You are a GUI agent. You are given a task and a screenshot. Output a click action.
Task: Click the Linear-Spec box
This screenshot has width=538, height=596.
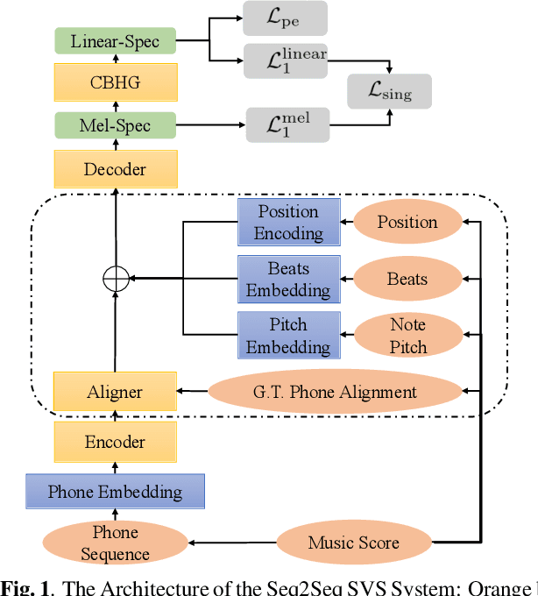tap(115, 40)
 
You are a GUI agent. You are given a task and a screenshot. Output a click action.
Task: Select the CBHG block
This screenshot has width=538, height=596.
tap(115, 82)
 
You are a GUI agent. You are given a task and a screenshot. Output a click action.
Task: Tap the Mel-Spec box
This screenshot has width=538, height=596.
tap(115, 124)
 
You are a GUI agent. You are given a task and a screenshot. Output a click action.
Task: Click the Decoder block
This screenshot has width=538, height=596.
tap(115, 168)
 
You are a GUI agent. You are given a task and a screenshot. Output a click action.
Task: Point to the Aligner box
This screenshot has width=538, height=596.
tap(115, 392)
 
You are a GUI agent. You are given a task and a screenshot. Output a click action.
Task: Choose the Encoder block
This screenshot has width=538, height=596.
tap(115, 442)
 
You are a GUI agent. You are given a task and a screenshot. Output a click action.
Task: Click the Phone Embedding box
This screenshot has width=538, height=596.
tap(115, 492)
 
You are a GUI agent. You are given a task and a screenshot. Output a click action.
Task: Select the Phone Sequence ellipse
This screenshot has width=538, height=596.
tap(115, 543)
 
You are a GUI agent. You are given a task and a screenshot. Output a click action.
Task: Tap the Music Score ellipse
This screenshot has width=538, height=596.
tap(354, 543)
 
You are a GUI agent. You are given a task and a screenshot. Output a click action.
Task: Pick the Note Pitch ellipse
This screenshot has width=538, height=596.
tap(407, 335)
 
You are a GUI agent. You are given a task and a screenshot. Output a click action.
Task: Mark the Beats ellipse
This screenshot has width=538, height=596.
tap(407, 279)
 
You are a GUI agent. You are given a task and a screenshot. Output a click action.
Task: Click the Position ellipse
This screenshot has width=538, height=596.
tap(407, 222)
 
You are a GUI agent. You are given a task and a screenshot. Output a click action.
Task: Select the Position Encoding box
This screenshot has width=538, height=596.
tap(288, 222)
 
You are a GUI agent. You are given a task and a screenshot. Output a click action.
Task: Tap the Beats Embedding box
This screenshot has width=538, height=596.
tap(288, 279)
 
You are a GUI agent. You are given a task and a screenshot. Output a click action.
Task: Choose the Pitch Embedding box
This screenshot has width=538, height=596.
tap(288, 335)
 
